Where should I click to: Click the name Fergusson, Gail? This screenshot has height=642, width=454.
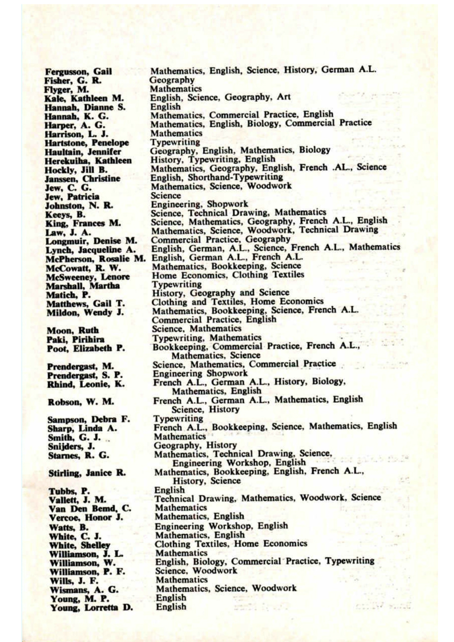78,72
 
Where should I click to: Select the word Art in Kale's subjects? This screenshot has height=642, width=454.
284,97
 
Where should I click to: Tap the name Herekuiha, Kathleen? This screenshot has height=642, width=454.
88,161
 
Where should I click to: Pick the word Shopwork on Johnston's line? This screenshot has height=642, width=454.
227,204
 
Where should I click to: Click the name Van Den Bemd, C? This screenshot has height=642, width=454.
90,509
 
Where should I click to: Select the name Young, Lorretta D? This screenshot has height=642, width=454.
91,608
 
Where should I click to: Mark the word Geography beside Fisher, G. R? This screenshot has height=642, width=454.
172,80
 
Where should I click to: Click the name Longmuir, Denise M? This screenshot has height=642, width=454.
91,241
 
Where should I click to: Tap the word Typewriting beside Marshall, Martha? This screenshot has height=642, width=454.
177,285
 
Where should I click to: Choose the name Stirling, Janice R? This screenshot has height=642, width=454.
87,473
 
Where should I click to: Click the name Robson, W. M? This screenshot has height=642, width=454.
81,402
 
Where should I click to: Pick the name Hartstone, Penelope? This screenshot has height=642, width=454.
87,143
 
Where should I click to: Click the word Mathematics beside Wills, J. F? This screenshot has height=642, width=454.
182,580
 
